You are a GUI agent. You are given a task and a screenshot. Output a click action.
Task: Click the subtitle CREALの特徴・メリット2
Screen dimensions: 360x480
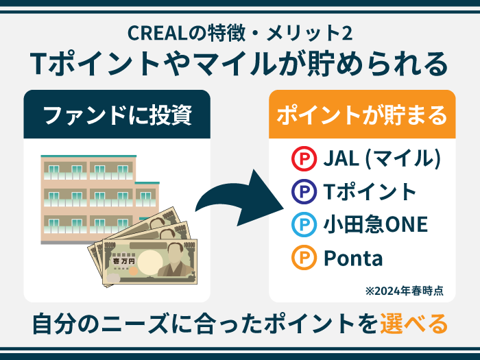(x=239, y=32)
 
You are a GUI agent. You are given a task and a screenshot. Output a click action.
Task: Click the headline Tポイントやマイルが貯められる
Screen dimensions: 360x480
(x=239, y=64)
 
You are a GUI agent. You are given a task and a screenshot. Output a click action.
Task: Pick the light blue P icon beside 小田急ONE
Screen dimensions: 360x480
(x=302, y=225)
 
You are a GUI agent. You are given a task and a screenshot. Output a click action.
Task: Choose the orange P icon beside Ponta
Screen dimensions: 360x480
(x=302, y=259)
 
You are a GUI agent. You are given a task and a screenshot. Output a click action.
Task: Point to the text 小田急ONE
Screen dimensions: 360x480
(x=375, y=225)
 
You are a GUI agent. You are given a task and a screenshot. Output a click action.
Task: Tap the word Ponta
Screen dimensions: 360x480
(x=352, y=259)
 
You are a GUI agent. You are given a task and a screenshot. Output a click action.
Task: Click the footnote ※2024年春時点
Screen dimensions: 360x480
(x=404, y=291)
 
